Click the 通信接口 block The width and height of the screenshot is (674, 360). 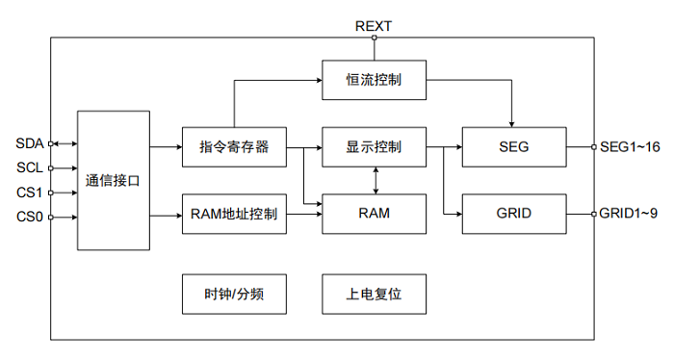pyautogui.click(x=113, y=180)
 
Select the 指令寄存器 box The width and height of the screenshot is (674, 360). pyautogui.click(x=234, y=147)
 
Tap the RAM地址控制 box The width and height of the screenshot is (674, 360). pyautogui.click(x=234, y=214)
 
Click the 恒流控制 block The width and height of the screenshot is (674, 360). pyautogui.click(x=374, y=82)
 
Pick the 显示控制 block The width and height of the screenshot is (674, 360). pyautogui.click(x=374, y=147)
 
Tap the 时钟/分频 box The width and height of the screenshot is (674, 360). pyautogui.click(x=234, y=295)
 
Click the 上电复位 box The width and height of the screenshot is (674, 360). pyautogui.click(x=374, y=295)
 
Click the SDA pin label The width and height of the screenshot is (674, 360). pyautogui.click(x=29, y=143)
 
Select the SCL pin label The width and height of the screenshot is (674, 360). pyautogui.click(x=29, y=167)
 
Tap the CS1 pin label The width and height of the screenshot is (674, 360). pyautogui.click(x=29, y=193)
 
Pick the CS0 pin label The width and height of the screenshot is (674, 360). pyautogui.click(x=29, y=217)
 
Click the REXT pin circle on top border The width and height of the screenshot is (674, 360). pyautogui.click(x=374, y=38)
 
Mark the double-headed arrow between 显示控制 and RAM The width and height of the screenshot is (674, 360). pyautogui.click(x=374, y=180)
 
